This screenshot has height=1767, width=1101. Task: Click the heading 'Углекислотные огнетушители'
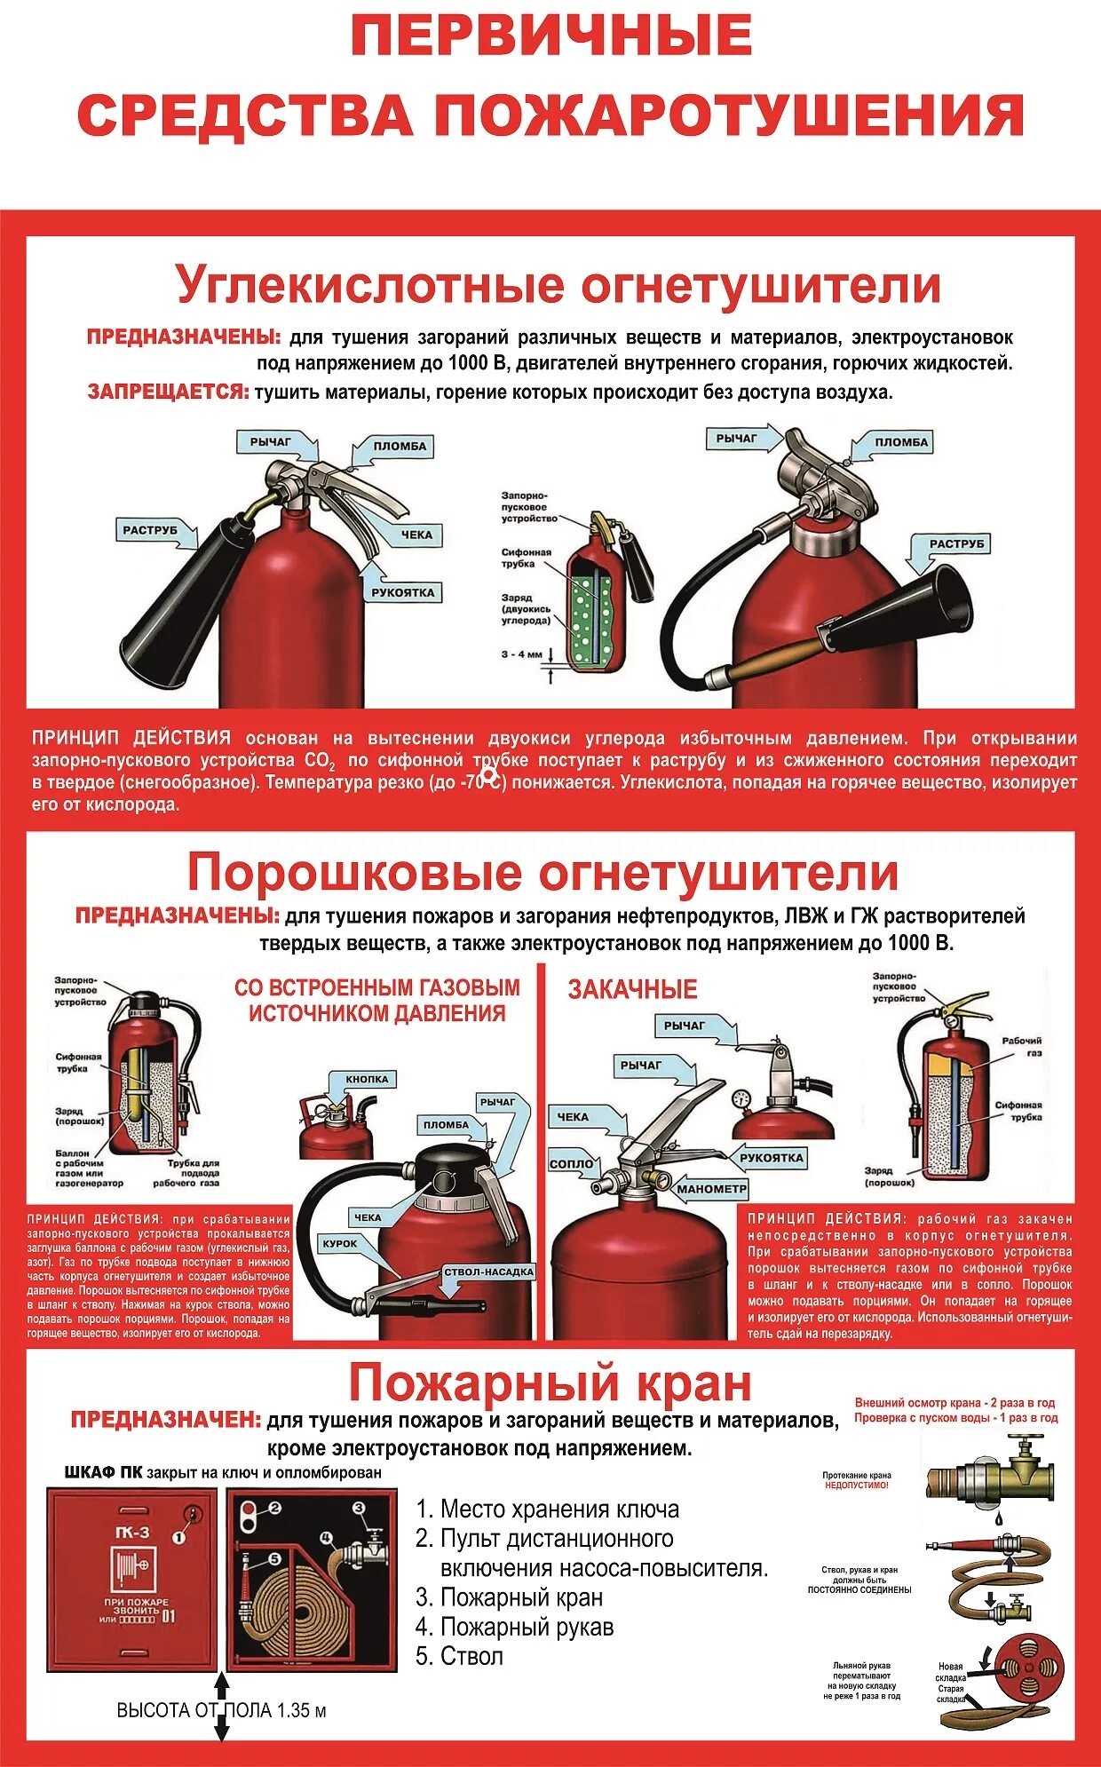click(558, 286)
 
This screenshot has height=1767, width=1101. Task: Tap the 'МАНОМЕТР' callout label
click(712, 1189)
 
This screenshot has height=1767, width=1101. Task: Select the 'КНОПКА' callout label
click(367, 1079)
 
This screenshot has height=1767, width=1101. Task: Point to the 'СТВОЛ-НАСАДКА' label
click(488, 1272)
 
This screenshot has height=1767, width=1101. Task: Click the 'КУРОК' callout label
click(340, 1244)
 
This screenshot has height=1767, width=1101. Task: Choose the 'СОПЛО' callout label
click(572, 1163)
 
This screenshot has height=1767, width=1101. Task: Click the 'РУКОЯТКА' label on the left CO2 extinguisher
click(403, 592)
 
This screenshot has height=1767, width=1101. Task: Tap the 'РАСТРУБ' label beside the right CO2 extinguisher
click(956, 543)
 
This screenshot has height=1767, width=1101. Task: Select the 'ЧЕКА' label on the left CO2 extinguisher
click(416, 535)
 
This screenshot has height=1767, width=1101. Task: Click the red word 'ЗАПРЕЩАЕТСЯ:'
click(168, 392)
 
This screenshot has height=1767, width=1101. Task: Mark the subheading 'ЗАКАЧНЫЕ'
click(632, 989)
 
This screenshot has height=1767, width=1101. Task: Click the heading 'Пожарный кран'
click(550, 1383)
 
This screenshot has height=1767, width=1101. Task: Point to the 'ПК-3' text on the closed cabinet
click(133, 1532)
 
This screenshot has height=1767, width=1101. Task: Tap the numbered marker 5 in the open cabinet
click(273, 1559)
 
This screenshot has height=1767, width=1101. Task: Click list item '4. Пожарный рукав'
click(515, 1627)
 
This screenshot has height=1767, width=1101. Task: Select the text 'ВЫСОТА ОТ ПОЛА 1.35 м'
click(222, 1710)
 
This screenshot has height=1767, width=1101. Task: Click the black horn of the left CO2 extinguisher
click(178, 604)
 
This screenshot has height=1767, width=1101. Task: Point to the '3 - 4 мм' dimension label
click(521, 654)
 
